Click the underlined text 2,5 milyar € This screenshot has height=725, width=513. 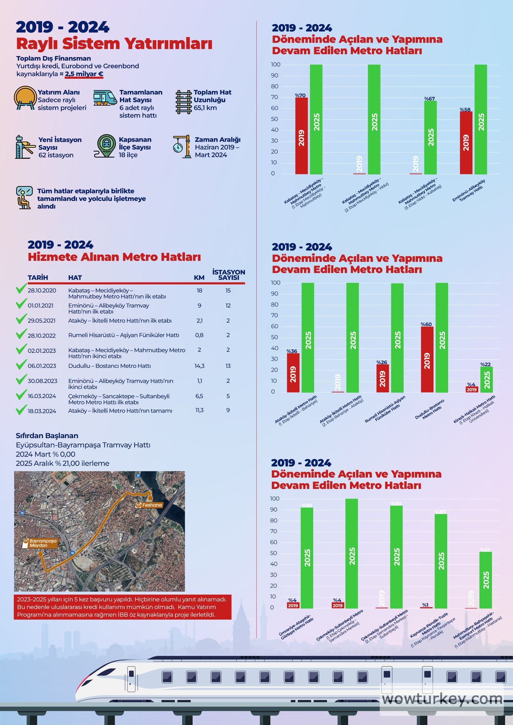pos(84,74)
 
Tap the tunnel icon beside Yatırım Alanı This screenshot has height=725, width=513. pos(25,98)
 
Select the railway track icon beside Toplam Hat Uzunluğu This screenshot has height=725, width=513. pos(184,102)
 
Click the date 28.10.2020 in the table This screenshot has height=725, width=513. pos(42,291)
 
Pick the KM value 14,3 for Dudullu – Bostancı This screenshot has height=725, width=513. pos(199,366)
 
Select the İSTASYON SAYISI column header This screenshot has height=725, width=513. pos(229,275)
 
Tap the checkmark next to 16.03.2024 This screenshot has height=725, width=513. pos(21,395)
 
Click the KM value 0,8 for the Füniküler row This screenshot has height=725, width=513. pos(199,335)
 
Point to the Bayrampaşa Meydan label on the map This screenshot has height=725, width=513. pos(40,543)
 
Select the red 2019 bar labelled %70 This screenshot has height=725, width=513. pos(301,136)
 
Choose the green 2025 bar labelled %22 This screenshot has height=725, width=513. pos(486,379)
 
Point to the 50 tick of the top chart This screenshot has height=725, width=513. pos(275,119)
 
